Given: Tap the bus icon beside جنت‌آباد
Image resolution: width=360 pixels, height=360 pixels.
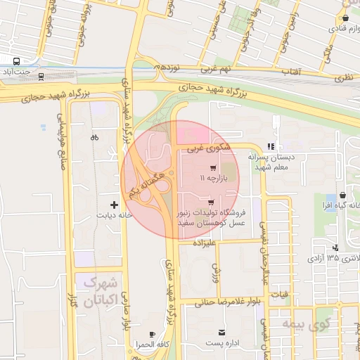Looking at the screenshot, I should click(x=16, y=60).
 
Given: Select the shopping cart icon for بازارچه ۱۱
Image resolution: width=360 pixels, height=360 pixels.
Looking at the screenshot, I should click(x=212, y=169).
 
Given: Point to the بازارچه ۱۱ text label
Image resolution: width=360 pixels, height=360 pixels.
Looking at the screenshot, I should click(x=212, y=179).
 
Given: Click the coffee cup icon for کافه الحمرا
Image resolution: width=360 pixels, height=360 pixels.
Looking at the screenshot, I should click(x=153, y=334).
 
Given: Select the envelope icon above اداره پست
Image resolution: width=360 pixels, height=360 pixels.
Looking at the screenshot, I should click(x=222, y=332).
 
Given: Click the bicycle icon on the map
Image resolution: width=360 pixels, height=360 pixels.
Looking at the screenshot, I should click(x=95, y=138).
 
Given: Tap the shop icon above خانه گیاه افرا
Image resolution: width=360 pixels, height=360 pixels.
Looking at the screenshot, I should click(x=342, y=195).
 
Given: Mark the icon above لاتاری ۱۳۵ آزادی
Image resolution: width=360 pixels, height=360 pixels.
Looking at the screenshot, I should click(x=336, y=247).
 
